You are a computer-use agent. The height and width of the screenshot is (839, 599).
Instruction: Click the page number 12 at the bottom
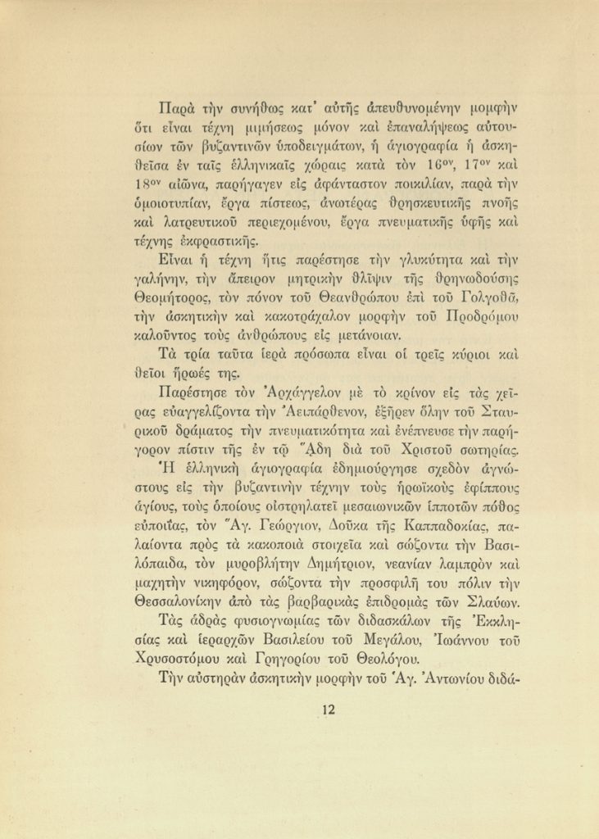(x=329, y=710)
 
